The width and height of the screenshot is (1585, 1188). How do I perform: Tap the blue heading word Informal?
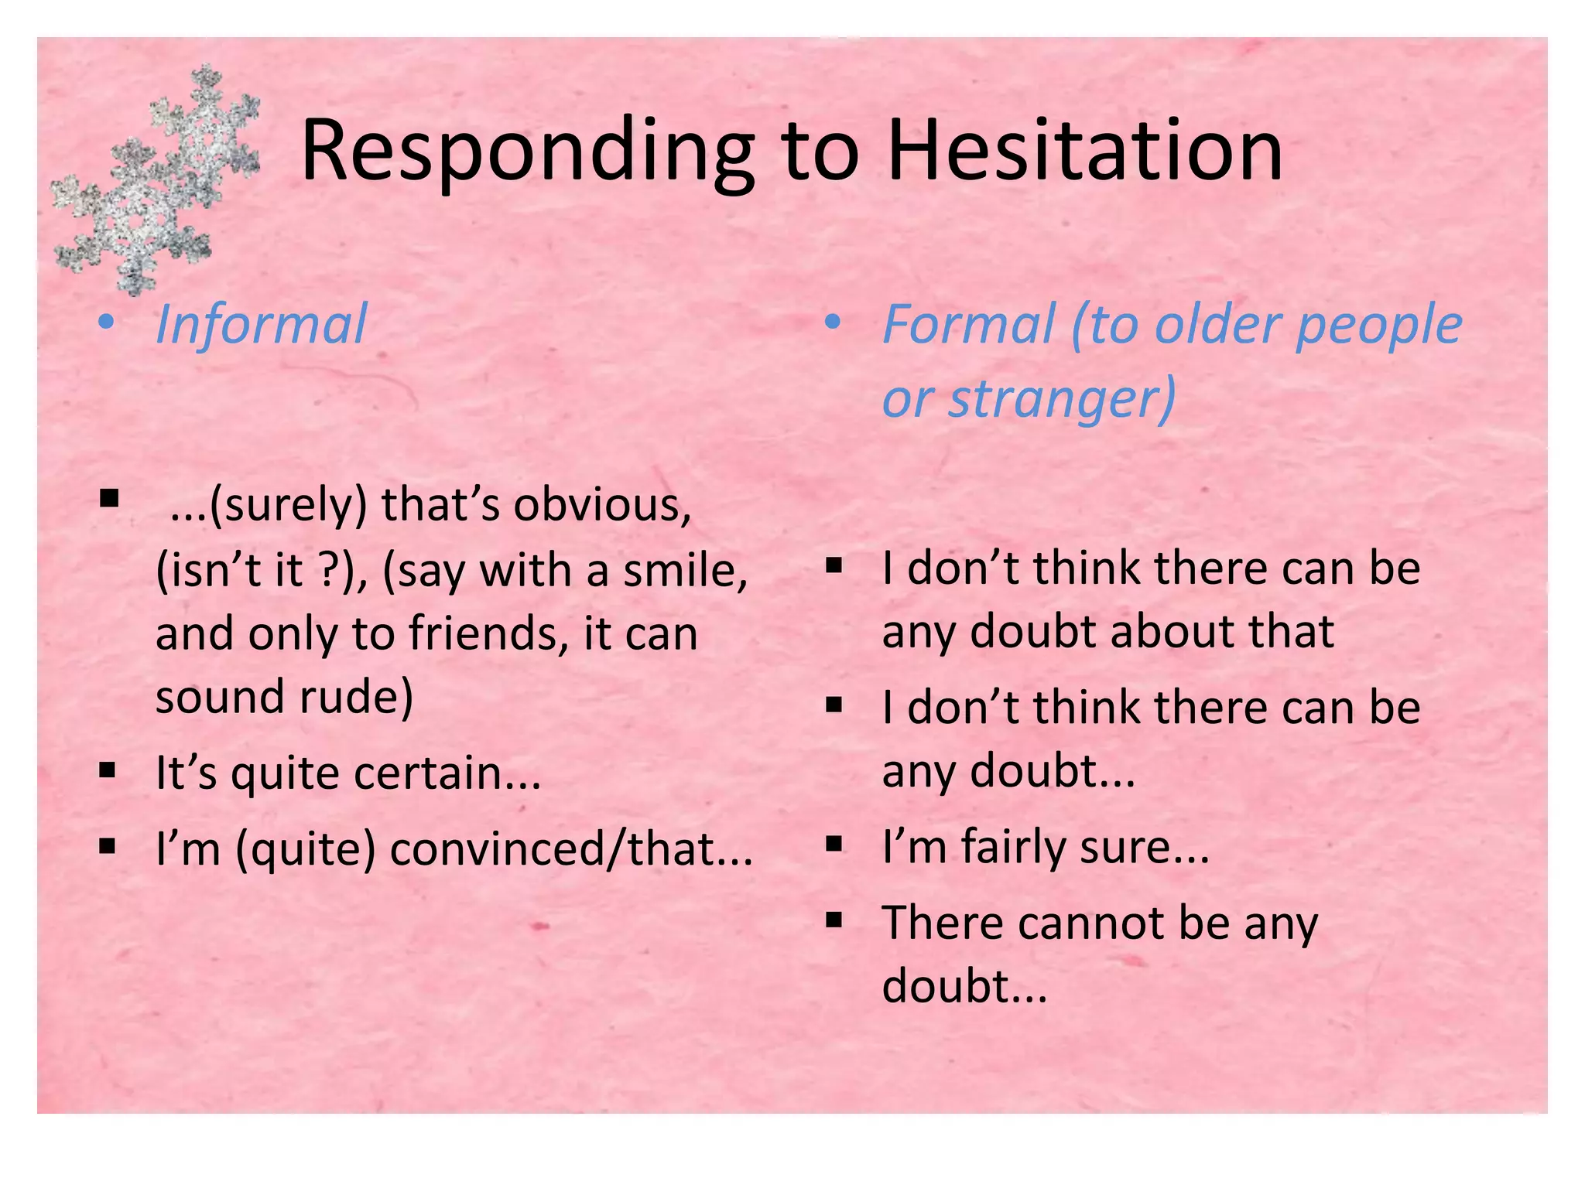(x=262, y=325)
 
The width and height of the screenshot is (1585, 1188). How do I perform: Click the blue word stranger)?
(x=1062, y=398)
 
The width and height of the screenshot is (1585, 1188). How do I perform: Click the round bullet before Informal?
(x=107, y=323)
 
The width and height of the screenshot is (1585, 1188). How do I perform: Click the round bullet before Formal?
(x=833, y=323)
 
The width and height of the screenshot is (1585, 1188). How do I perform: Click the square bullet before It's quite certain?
(x=108, y=770)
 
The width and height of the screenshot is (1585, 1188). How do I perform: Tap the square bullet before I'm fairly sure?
(x=834, y=843)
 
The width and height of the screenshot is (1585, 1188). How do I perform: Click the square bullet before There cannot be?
(x=834, y=920)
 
